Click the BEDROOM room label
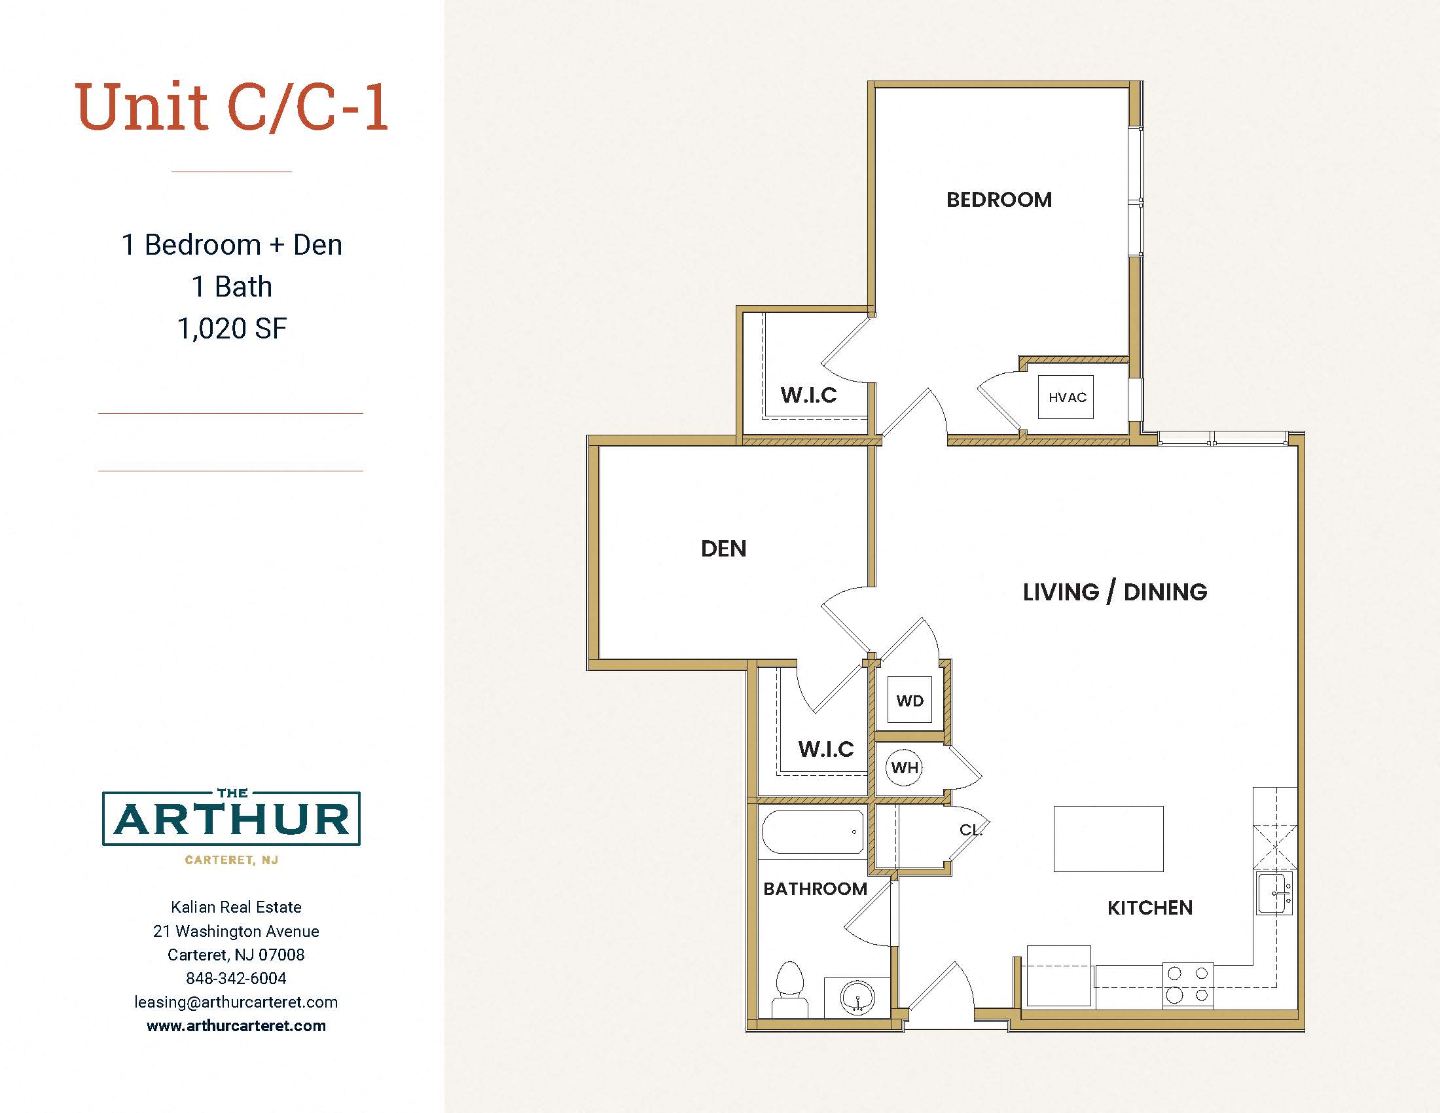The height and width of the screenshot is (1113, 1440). click(x=999, y=200)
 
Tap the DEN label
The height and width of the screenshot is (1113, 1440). click(x=723, y=549)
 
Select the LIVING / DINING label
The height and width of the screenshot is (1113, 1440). click(x=1115, y=592)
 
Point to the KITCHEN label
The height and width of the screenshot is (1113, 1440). click(x=1150, y=908)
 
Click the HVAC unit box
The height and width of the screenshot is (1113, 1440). click(x=1066, y=397)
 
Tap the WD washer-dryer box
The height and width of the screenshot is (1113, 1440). click(x=910, y=701)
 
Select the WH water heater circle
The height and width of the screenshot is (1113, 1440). click(x=904, y=767)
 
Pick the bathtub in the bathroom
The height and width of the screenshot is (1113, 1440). click(x=813, y=831)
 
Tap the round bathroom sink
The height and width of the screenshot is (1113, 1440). click(x=857, y=998)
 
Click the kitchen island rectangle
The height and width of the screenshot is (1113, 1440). click(x=1108, y=839)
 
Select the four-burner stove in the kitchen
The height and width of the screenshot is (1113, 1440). click(x=1187, y=985)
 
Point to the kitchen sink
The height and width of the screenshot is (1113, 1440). click(x=1274, y=893)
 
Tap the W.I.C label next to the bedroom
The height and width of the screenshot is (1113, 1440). click(x=808, y=395)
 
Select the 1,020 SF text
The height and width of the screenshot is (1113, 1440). click(x=232, y=329)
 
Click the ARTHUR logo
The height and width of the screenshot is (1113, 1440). click(x=232, y=818)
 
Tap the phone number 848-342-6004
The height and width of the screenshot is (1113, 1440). click(x=236, y=979)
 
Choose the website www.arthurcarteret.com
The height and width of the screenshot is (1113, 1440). click(x=236, y=1026)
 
